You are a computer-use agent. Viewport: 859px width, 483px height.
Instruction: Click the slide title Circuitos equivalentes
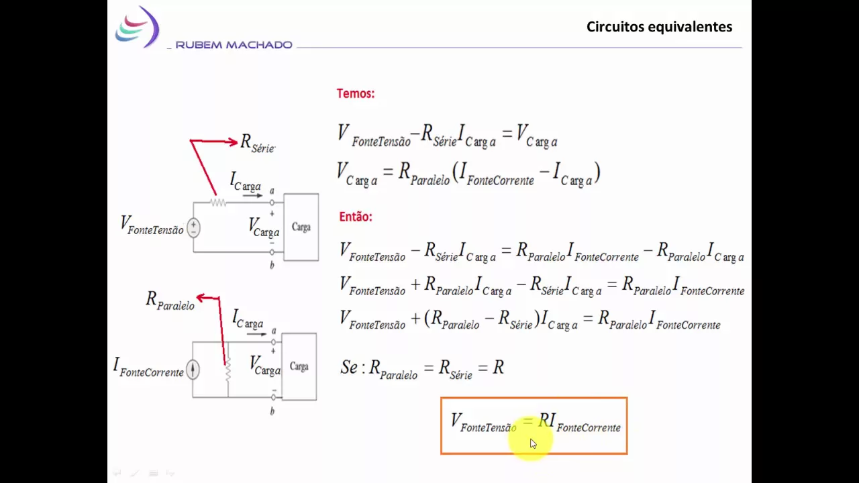point(659,27)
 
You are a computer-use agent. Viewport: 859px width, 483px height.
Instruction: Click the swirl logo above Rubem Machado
point(137,26)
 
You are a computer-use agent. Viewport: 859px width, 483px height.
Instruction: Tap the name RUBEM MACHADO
point(234,45)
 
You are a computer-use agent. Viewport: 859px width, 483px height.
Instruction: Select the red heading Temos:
point(356,93)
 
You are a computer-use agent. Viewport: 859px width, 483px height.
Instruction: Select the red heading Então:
point(356,217)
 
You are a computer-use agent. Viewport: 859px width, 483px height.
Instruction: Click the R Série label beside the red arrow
point(257,144)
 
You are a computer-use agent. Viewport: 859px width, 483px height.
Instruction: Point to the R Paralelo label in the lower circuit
point(170,300)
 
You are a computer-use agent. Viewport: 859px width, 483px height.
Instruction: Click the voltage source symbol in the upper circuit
point(193,227)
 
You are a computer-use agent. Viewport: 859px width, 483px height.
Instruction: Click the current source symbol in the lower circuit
point(193,370)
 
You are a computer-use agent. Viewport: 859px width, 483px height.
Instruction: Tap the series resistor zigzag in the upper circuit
point(218,202)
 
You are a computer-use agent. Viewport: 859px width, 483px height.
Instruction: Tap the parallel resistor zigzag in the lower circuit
point(228,369)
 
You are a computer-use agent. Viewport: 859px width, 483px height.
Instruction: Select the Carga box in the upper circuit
point(301,227)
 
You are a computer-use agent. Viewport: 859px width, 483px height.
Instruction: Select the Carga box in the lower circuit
point(299,366)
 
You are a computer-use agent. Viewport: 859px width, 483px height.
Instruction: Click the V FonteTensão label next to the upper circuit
point(152,225)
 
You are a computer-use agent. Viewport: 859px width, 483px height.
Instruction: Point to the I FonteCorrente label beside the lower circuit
point(148,367)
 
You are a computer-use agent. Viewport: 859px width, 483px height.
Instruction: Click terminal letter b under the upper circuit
point(272,265)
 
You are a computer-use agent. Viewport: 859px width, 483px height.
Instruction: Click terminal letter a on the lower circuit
point(274,331)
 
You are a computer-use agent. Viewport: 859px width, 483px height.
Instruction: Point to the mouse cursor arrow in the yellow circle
point(533,443)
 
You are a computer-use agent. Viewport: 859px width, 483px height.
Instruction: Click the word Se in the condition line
point(349,367)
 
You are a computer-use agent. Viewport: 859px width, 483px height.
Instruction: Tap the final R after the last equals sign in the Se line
point(498,367)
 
